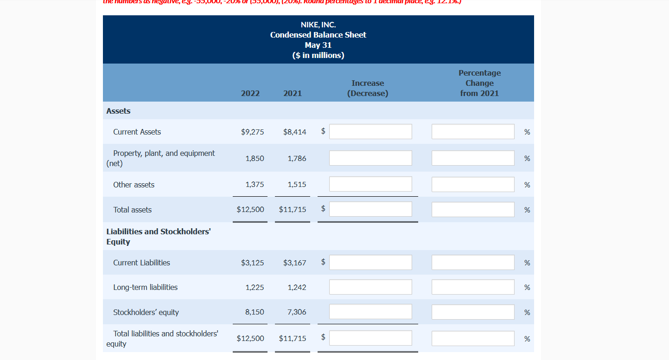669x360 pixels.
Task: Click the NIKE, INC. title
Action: tap(318, 25)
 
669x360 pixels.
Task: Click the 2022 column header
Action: tap(250, 93)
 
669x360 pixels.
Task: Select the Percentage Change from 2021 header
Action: tap(479, 83)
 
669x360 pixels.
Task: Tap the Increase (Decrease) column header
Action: tap(368, 88)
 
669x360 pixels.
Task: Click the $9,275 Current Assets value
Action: tap(253, 132)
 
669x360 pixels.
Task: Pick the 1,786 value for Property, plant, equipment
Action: tap(297, 158)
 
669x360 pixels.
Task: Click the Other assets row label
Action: tap(134, 185)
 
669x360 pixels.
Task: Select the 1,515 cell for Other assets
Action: tap(297, 185)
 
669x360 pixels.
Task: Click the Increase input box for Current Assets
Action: tap(370, 131)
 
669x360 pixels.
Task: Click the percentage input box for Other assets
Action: tap(473, 184)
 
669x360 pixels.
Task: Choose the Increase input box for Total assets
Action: tap(370, 209)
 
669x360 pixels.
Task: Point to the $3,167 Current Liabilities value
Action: tap(294, 263)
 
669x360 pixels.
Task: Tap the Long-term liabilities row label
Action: tap(145, 287)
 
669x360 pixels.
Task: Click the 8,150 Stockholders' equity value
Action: tap(255, 312)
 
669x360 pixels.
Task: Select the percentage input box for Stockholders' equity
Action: tap(473, 312)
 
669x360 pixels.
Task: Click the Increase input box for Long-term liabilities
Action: tap(370, 287)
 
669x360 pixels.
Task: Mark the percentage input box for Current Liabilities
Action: tap(473, 262)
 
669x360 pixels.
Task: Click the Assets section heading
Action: tap(118, 111)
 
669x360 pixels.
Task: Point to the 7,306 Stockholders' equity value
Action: tap(297, 312)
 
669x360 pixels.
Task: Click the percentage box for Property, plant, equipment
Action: tap(473, 158)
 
